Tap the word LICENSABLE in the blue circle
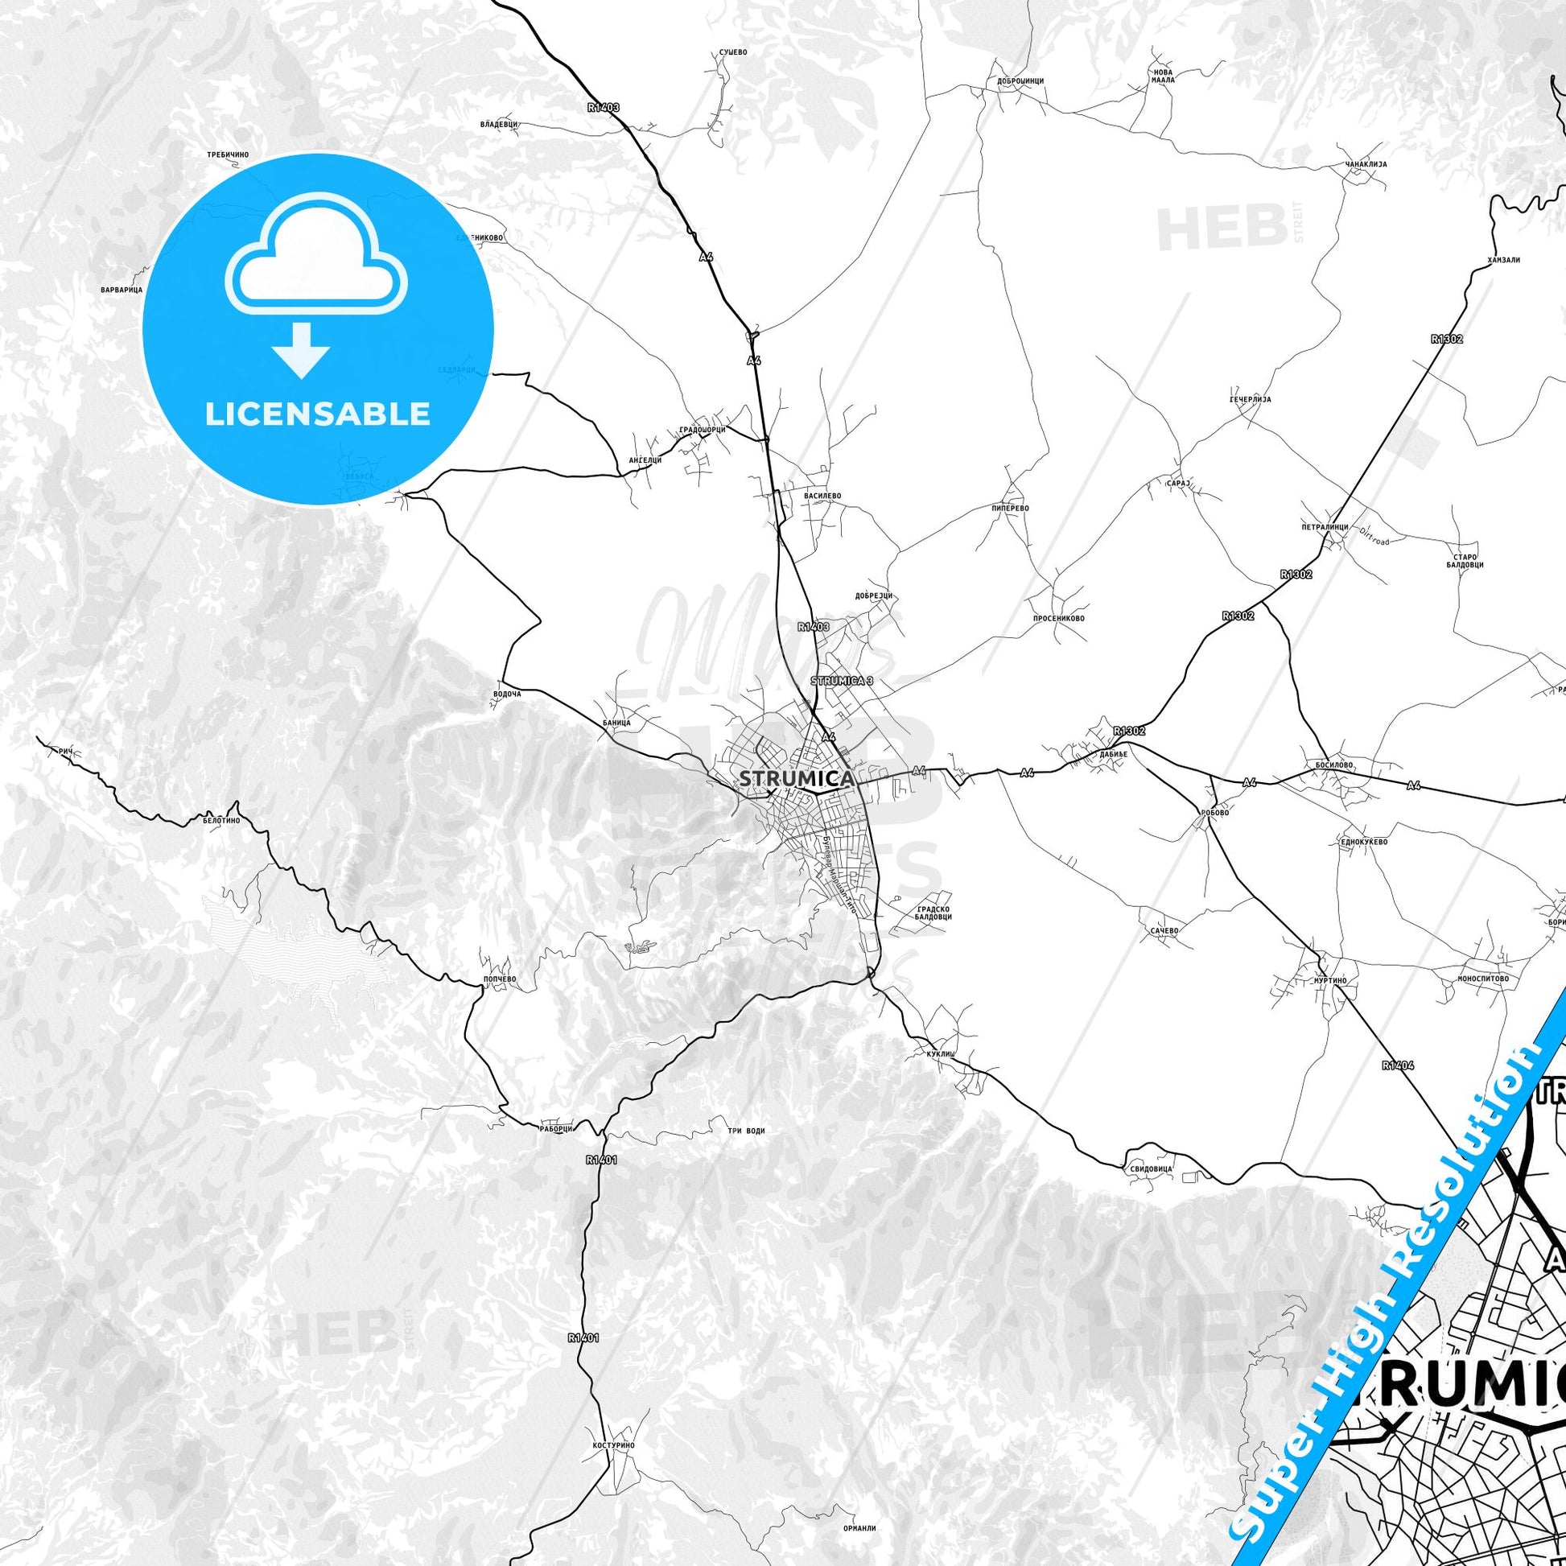[317, 414]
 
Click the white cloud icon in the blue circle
[317, 254]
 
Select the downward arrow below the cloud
[301, 350]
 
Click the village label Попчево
[499, 979]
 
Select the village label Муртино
[1329, 981]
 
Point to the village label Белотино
[221, 820]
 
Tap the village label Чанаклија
[1366, 163]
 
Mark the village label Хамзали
[1503, 260]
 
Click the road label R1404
[1399, 1065]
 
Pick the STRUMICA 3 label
[843, 681]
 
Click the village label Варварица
[122, 290]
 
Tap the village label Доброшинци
[1020, 82]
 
